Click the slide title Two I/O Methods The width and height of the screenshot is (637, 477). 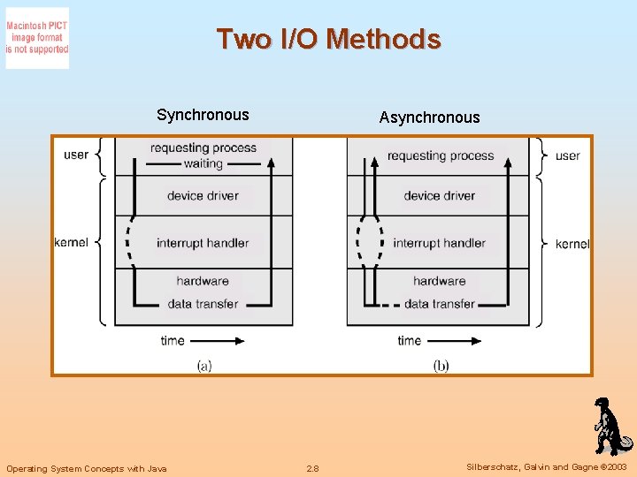328,39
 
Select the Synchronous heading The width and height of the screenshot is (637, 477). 203,115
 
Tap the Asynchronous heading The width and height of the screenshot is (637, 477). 429,117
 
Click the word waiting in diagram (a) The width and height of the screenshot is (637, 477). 203,163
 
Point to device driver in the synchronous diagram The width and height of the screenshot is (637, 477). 203,195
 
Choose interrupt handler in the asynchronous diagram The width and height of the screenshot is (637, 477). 439,243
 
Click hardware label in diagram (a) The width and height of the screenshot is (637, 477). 203,281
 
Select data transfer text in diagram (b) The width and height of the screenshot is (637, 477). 439,304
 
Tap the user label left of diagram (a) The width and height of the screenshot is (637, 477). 76,155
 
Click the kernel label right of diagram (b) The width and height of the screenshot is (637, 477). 572,244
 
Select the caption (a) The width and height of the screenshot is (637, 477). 203,365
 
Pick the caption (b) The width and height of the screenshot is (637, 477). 441,365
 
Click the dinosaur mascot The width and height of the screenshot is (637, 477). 609,426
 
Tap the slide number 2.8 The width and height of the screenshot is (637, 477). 312,468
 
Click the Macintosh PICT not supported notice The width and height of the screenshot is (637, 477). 37,38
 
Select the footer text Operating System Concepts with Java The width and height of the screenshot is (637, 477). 87,468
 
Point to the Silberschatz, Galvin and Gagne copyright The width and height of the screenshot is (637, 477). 546,467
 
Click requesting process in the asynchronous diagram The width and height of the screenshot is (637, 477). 440,155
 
